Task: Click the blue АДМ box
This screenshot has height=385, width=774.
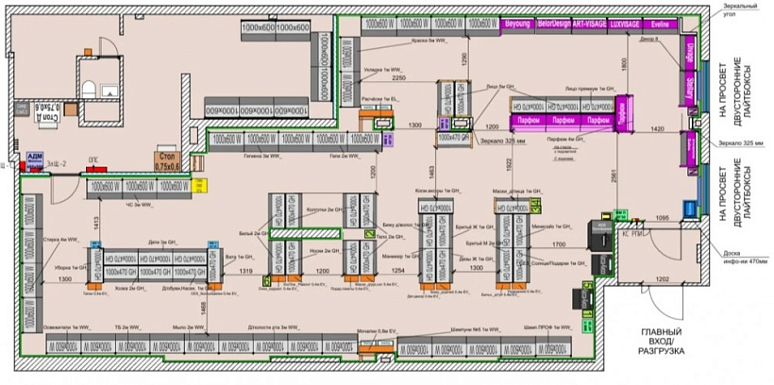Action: (x=35, y=158)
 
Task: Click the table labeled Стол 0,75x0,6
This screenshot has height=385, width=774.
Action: (x=166, y=160)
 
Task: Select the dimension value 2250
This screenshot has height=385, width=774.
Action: (x=398, y=78)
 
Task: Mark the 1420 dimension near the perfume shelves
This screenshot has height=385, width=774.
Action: (x=657, y=128)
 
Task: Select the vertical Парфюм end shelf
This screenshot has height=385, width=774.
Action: (x=623, y=113)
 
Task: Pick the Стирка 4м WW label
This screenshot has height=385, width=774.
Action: (x=58, y=240)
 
